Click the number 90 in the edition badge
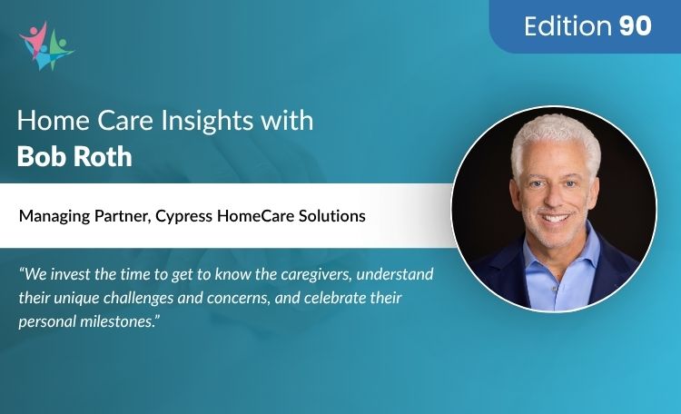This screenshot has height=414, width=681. click(x=636, y=26)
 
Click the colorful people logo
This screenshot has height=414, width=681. click(x=44, y=45)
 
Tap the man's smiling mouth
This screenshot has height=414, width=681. click(x=558, y=218)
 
